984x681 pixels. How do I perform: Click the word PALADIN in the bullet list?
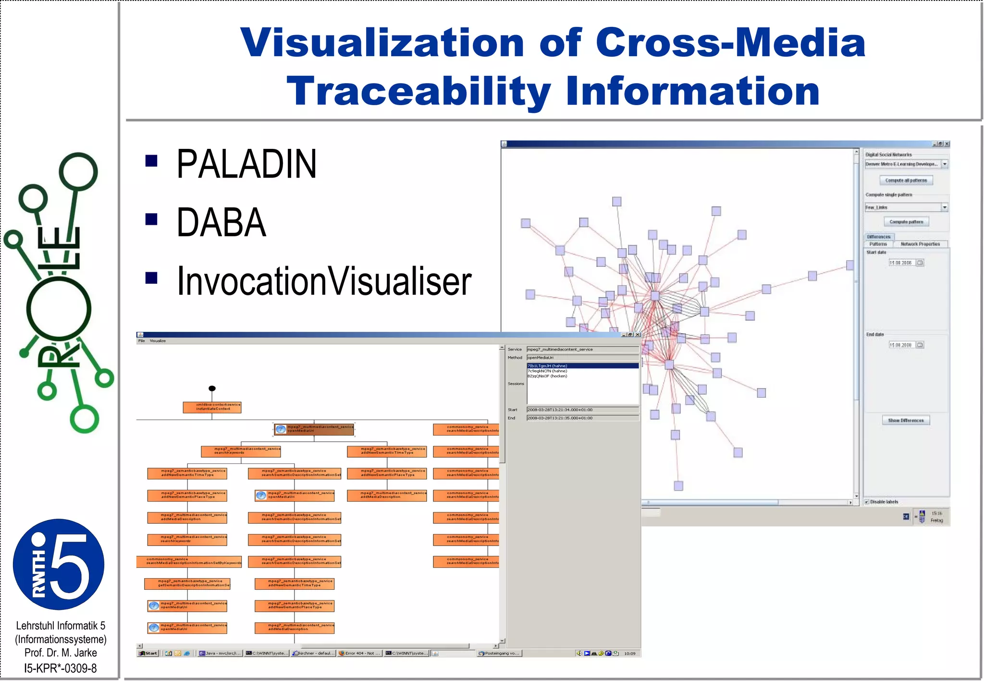(246, 164)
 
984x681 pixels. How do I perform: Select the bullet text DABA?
(221, 223)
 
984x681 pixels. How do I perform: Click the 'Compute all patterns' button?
(906, 181)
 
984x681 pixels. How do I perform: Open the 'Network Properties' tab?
(920, 244)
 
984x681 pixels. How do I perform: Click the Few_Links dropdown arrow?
(944, 207)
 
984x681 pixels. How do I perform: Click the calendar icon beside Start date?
(920, 263)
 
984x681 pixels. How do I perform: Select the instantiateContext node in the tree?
(212, 407)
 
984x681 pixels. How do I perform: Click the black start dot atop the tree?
(212, 388)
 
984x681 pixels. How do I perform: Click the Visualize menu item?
(158, 341)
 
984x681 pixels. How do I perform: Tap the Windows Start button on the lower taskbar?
(148, 653)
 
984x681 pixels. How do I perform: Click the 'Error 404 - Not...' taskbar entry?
(360, 653)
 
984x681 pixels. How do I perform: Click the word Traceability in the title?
(418, 91)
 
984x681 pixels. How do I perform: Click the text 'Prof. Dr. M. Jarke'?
(61, 653)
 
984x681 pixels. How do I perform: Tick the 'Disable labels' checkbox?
(867, 502)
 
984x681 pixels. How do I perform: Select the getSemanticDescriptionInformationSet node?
(187, 584)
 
